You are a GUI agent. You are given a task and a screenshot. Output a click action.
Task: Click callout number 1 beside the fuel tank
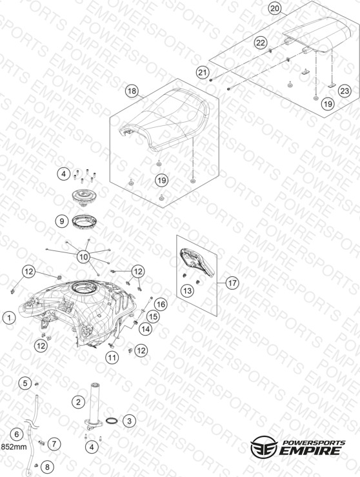[9, 318]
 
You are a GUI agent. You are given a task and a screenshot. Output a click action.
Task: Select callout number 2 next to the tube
[79, 402]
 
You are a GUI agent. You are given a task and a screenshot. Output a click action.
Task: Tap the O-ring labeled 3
[112, 421]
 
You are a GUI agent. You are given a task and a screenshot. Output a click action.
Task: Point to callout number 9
[62, 221]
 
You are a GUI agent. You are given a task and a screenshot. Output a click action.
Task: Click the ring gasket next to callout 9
[85, 220]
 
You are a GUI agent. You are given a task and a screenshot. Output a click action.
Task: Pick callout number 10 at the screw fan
[84, 257]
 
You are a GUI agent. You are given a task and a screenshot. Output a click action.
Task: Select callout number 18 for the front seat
[132, 91]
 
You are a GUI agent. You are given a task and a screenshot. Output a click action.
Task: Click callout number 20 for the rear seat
[275, 8]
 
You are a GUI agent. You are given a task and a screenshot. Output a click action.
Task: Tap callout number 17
[232, 283]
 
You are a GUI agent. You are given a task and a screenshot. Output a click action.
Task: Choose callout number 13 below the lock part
[188, 291]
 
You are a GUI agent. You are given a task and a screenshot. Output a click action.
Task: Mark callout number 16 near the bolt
[161, 304]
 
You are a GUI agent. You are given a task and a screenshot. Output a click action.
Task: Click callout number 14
[146, 329]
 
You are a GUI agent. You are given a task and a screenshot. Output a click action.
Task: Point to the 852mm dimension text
[14, 447]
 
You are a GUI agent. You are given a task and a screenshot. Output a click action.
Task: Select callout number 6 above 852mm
[17, 434]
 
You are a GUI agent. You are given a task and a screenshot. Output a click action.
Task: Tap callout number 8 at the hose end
[47, 466]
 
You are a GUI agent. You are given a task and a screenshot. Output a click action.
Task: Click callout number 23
[345, 90]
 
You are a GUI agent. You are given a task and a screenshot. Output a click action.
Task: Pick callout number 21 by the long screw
[203, 72]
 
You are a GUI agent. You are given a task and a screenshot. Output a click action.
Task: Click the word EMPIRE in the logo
[310, 451]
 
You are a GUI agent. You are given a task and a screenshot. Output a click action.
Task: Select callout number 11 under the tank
[112, 357]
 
